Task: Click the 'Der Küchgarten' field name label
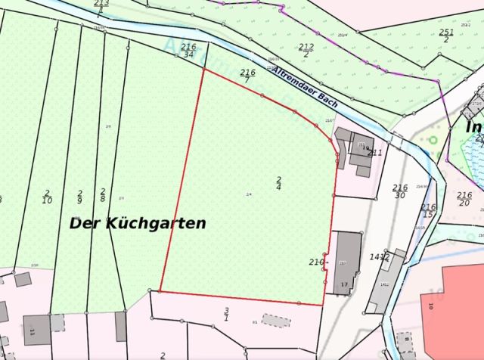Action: point(138,223)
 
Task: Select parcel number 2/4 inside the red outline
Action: point(278,182)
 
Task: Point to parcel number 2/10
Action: point(47,197)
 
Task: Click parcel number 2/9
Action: point(79,197)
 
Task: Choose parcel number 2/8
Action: point(102,195)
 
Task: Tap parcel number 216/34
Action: point(188,51)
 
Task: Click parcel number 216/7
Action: point(247,76)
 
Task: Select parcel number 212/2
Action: point(306,50)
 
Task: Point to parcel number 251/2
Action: point(446,35)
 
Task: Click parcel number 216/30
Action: point(400,191)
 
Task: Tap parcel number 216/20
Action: point(464,198)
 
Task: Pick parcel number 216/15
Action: point(428,211)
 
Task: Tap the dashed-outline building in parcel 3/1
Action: point(275,321)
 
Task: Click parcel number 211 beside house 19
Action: point(374,152)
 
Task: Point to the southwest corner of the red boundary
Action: point(160,290)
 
